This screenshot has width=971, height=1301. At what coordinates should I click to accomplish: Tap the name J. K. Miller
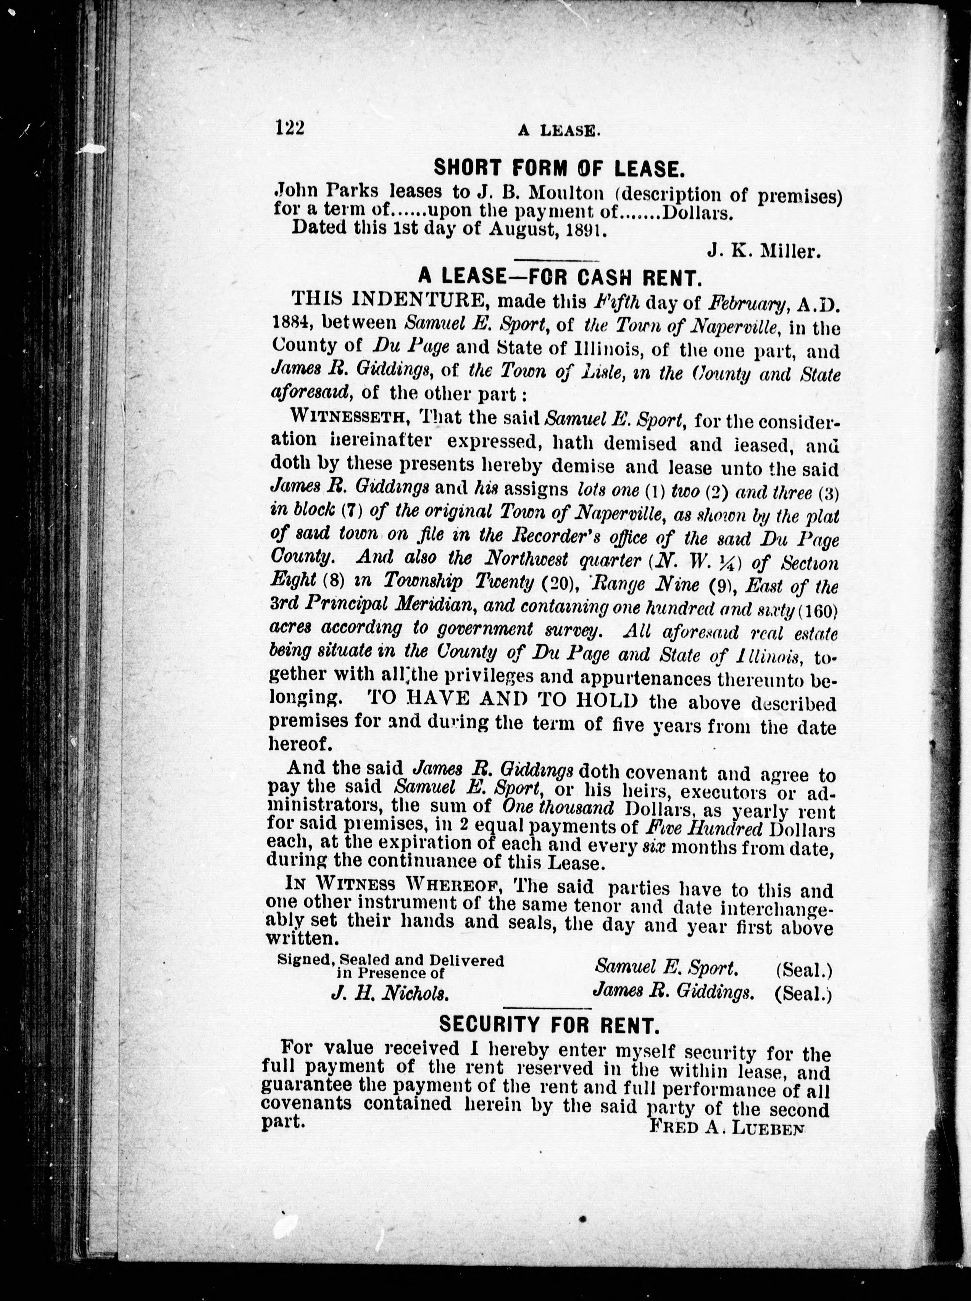763,252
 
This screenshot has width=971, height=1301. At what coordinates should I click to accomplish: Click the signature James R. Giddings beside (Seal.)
674,992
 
